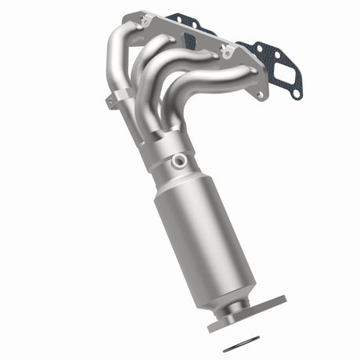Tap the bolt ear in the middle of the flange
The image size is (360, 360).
(227, 53)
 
